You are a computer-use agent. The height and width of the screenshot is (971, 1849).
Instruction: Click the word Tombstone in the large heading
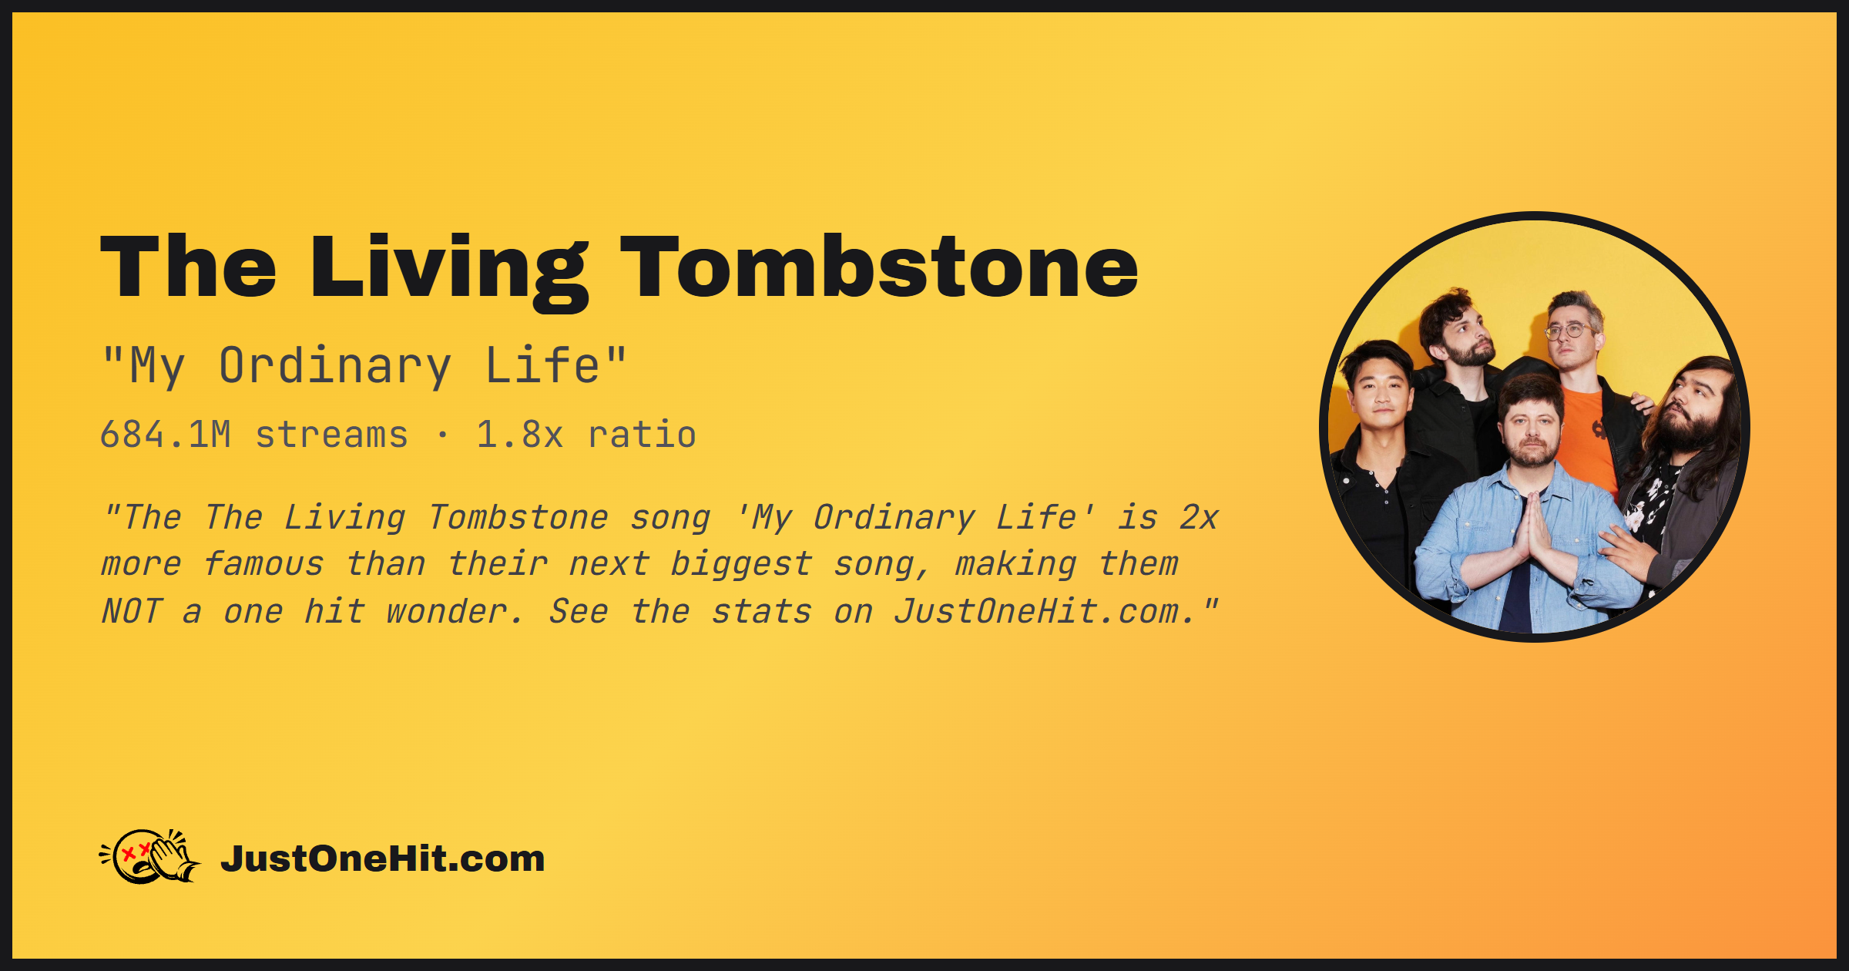pyautogui.click(x=879, y=267)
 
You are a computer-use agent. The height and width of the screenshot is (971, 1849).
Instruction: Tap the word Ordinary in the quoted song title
pyautogui.click(x=335, y=367)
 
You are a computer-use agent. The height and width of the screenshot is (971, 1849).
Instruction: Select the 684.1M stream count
pyautogui.click(x=166, y=435)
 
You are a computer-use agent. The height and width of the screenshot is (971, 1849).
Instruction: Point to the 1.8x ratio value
pyautogui.click(x=520, y=435)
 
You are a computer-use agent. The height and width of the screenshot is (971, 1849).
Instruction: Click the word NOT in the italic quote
pyautogui.click(x=133, y=612)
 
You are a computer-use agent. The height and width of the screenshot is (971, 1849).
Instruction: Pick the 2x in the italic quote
pyautogui.click(x=1199, y=518)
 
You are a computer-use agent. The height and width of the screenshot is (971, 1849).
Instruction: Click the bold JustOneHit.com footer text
pyautogui.click(x=383, y=858)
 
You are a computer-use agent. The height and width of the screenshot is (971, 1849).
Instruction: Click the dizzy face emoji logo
pyautogui.click(x=150, y=856)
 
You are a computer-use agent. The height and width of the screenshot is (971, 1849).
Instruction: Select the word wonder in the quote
pyautogui.click(x=447, y=612)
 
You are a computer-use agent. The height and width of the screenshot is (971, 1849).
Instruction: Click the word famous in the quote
pyautogui.click(x=263, y=565)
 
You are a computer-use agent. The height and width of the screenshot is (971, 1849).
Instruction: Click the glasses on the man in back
pyautogui.click(x=1569, y=331)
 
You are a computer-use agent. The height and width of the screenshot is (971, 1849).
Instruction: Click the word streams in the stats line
pyautogui.click(x=331, y=435)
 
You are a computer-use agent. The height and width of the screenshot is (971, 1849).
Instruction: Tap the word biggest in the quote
pyautogui.click(x=742, y=565)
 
